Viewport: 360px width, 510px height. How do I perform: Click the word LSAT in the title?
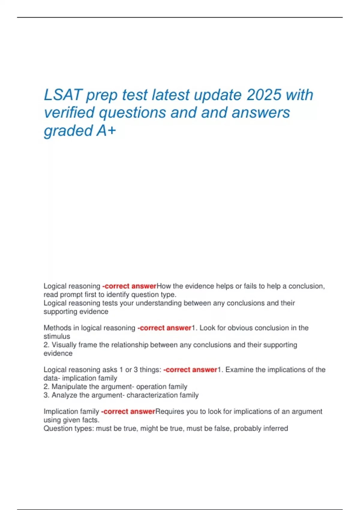(x=63, y=95)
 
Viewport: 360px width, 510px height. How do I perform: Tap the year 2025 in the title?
(x=264, y=95)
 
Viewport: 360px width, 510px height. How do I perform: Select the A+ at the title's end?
(x=106, y=130)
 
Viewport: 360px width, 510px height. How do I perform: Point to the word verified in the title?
(x=69, y=113)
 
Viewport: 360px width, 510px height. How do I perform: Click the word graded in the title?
(x=68, y=131)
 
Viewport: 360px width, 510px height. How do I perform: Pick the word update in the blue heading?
(x=217, y=95)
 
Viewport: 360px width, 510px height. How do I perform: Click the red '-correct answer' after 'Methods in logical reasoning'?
(x=164, y=328)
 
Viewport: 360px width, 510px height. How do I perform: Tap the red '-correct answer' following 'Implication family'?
(x=128, y=411)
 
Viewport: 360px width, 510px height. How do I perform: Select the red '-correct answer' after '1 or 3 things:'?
(x=190, y=370)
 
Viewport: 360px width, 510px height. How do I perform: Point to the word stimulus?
(x=57, y=336)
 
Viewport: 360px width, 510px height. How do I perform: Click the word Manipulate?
(x=69, y=387)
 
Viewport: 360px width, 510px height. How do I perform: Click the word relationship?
(x=130, y=345)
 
